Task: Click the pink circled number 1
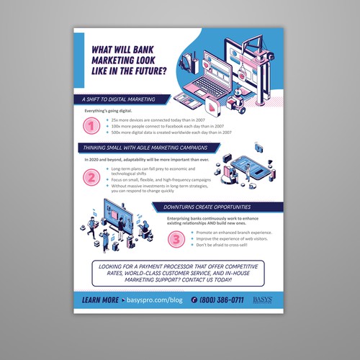91,127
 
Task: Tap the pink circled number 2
91,176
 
